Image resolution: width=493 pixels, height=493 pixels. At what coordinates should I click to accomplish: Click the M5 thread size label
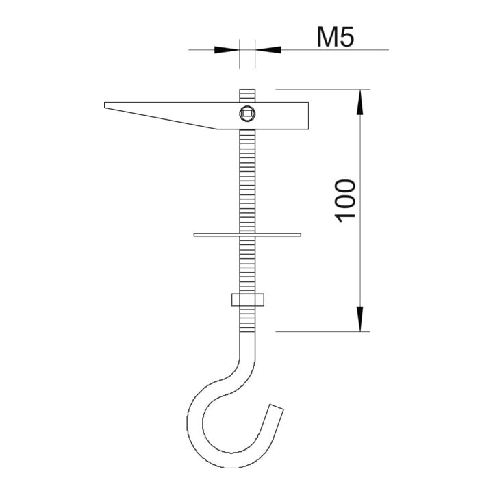pos(335,37)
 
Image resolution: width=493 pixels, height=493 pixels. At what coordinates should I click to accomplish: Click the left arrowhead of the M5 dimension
pos(227,50)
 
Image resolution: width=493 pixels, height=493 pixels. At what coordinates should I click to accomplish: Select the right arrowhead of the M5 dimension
pos(268,50)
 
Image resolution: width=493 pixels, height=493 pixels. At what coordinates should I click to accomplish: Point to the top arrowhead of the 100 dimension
pos(360,102)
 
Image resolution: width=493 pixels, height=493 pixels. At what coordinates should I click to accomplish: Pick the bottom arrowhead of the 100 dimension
pos(360,319)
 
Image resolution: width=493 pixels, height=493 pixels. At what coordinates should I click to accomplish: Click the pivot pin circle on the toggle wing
pos(247,114)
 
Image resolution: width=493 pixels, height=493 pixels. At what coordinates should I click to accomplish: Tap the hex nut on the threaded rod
pos(248,300)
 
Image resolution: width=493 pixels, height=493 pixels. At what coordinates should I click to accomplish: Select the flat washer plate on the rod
pos(247,235)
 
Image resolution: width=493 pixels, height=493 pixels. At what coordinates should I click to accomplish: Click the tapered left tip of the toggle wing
pos(105,105)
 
